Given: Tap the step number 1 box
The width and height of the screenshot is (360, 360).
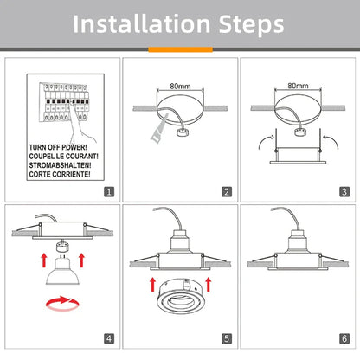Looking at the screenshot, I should point(107,191).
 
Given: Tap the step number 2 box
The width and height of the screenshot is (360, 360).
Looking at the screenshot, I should point(226,191).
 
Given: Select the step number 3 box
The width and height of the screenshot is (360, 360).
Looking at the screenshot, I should point(344,191).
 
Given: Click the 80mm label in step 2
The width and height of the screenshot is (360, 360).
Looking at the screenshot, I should point(180,87).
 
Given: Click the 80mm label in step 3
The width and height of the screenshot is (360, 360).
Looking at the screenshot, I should point(297,87).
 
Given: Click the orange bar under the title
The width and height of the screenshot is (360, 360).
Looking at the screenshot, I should point(180,49).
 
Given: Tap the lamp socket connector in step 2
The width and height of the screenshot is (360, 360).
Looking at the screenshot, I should point(184,134).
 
